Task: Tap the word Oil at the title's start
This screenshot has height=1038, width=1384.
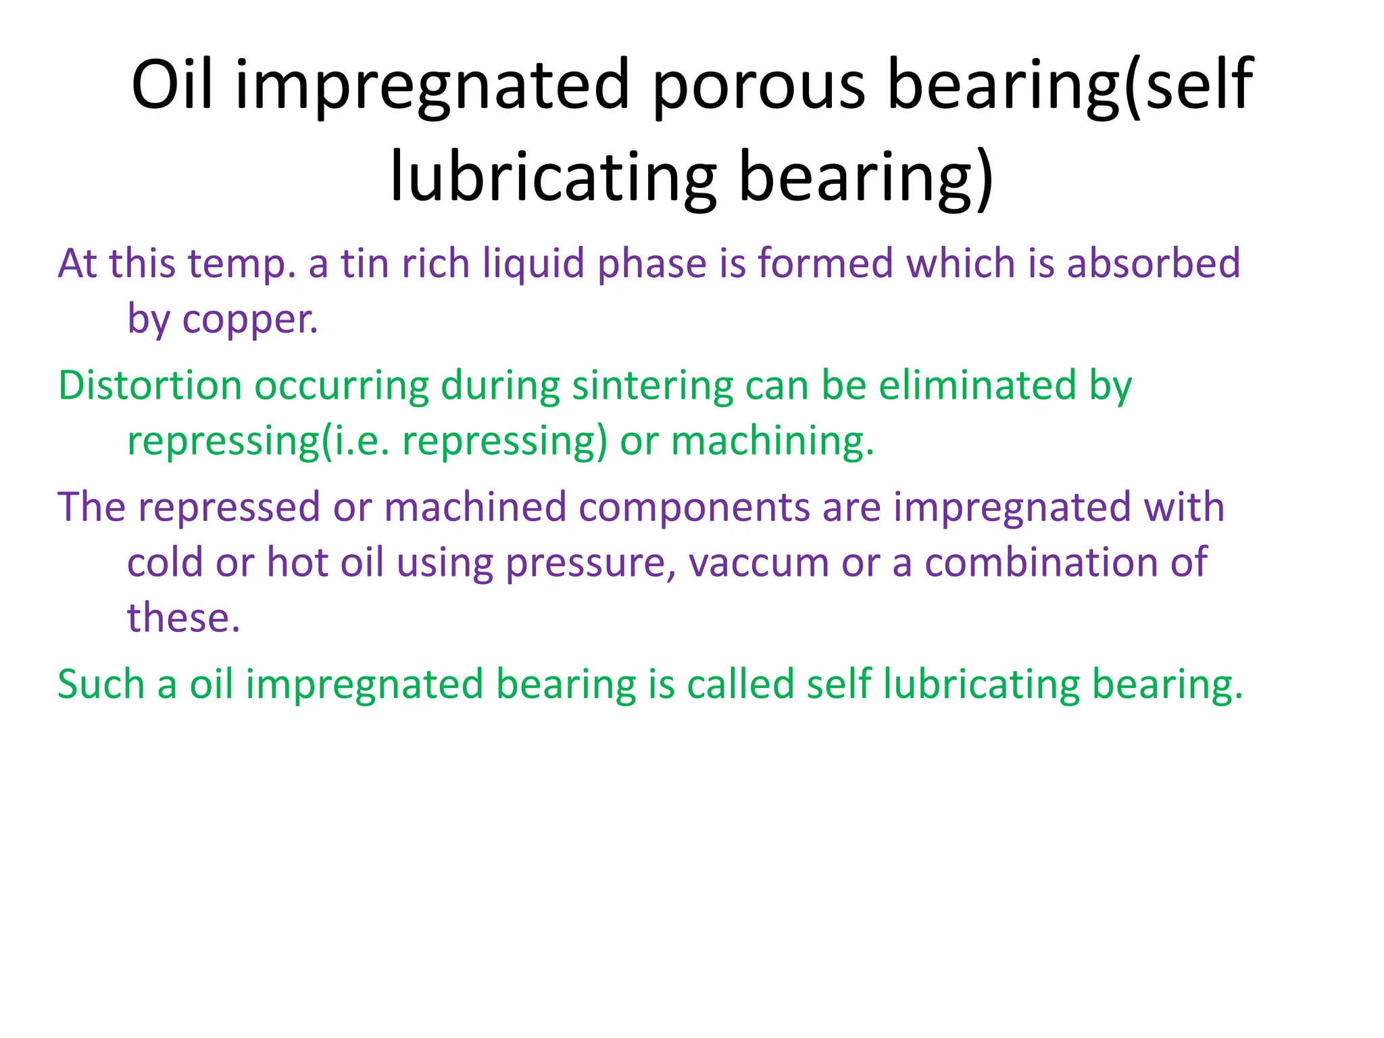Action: point(172,84)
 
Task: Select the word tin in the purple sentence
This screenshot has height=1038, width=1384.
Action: point(364,263)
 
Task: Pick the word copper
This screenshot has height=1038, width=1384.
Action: point(249,320)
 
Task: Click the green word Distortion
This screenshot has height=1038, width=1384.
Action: point(150,386)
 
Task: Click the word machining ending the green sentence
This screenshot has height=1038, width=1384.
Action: point(772,441)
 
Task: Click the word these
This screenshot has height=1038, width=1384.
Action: point(183,618)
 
